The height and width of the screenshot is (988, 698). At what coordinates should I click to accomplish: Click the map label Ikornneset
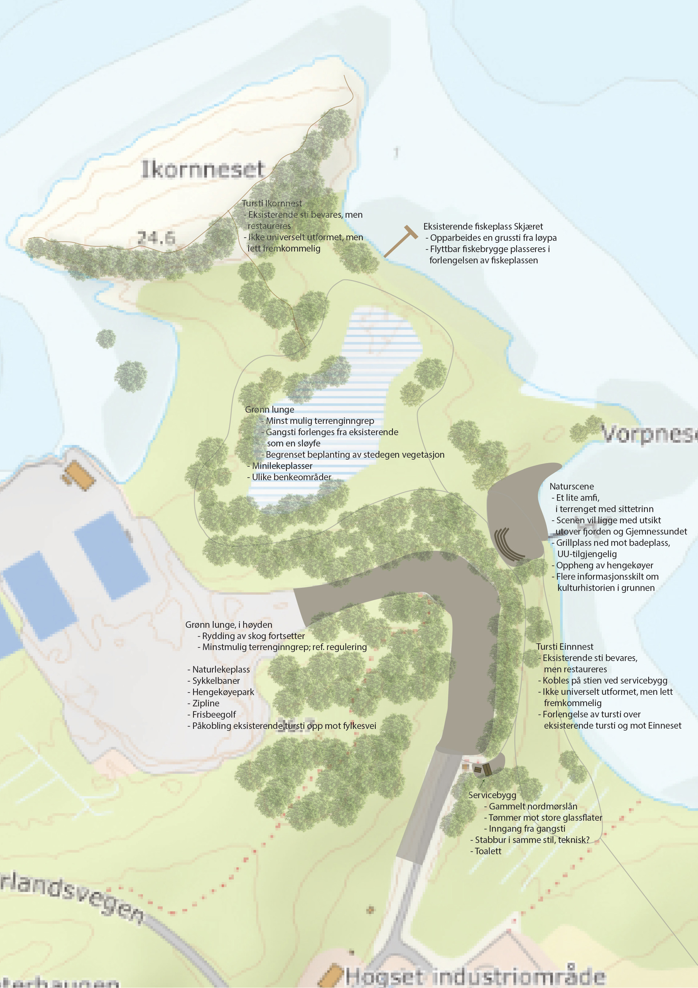click(202, 169)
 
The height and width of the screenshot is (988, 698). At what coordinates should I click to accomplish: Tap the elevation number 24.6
click(156, 238)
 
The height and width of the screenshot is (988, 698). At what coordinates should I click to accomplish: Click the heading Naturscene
click(571, 486)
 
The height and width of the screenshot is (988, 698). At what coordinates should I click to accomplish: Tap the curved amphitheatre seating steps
click(508, 544)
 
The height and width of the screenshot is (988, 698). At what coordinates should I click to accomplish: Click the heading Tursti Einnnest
click(564, 646)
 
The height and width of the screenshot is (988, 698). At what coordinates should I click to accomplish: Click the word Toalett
click(488, 851)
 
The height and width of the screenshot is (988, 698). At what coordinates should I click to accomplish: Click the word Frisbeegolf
click(214, 714)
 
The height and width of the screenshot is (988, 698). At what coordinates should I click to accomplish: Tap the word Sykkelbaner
click(216, 680)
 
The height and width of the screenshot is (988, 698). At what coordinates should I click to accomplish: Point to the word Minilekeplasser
click(282, 466)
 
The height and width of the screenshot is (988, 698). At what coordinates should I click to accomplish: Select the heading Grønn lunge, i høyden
click(228, 624)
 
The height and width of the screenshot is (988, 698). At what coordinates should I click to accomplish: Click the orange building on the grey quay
click(79, 475)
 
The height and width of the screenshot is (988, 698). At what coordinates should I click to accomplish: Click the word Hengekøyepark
click(223, 692)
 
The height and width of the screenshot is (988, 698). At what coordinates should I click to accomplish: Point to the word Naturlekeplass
click(221, 669)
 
